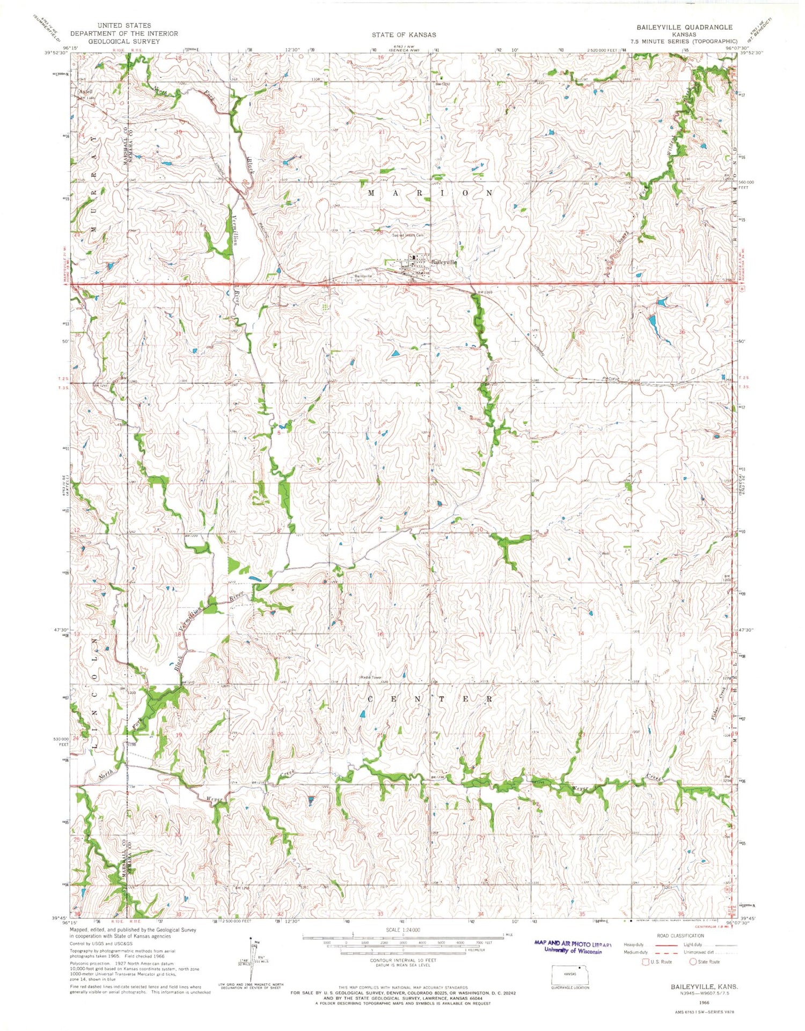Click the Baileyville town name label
444,262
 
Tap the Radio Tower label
370,677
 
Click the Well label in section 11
606,554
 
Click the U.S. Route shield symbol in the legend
646,962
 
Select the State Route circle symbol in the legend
693,961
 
